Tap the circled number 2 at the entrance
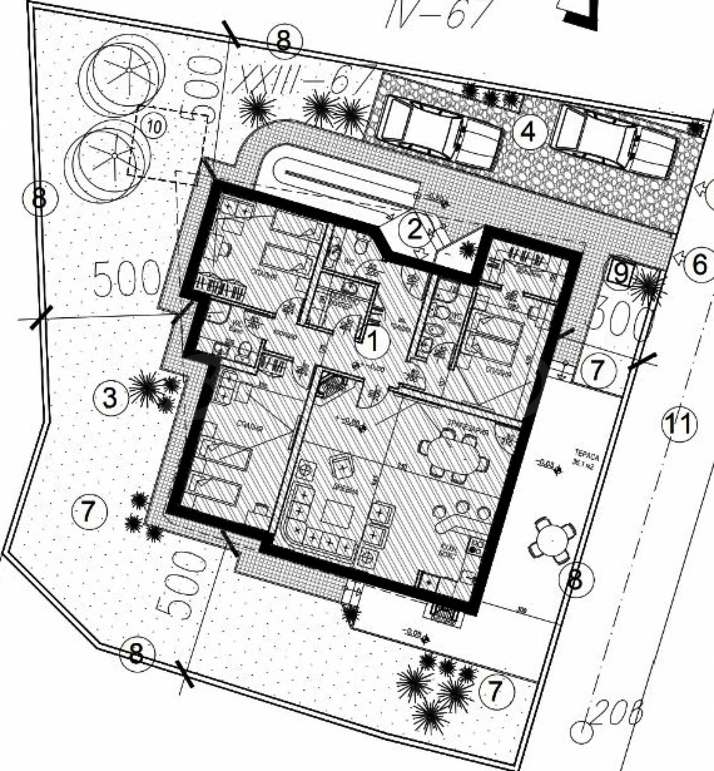414,231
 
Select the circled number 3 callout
110,398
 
